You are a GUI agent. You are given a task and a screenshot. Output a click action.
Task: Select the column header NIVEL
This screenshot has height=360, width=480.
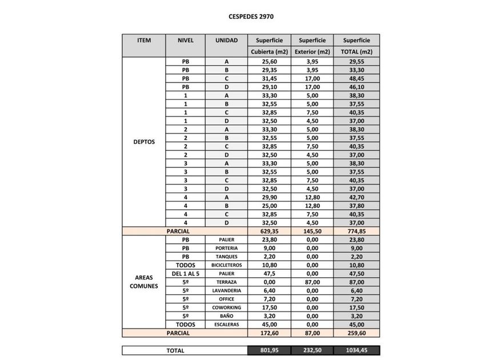pos(186,41)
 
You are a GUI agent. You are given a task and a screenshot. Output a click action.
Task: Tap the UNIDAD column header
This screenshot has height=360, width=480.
pos(227,41)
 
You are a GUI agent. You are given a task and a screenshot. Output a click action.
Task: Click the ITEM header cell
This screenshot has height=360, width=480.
pos(144,41)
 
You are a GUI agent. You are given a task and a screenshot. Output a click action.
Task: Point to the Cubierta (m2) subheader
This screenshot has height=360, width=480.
pos(269,51)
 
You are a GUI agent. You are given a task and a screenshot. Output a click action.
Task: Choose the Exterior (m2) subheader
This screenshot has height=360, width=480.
pos(312,51)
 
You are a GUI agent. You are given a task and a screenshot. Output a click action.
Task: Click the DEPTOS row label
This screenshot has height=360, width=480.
pos(144,142)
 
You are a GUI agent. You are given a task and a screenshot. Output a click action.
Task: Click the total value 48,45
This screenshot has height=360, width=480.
pos(357,78)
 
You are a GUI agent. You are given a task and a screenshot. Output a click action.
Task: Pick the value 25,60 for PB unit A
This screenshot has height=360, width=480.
pos(269,61)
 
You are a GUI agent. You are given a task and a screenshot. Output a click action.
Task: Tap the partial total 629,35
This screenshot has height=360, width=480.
pos(269,231)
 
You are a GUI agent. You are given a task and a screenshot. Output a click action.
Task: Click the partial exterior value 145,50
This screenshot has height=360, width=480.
pos(312,231)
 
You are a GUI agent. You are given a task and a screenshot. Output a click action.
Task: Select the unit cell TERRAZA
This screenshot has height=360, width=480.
pos(227,282)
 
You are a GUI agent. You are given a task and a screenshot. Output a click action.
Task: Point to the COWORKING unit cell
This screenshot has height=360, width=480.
pos(227,307)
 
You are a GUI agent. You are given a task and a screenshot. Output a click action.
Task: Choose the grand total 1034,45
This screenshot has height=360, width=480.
pos(357,350)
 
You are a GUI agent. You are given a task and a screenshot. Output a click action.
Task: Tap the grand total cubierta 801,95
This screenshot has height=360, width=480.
pos(269,350)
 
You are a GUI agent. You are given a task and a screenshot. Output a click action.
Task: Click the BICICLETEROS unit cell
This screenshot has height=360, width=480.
pos(227,265)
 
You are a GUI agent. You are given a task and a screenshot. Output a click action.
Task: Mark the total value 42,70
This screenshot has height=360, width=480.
pos(357,197)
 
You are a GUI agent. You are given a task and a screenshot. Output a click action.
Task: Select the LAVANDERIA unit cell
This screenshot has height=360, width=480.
pos(227,290)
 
